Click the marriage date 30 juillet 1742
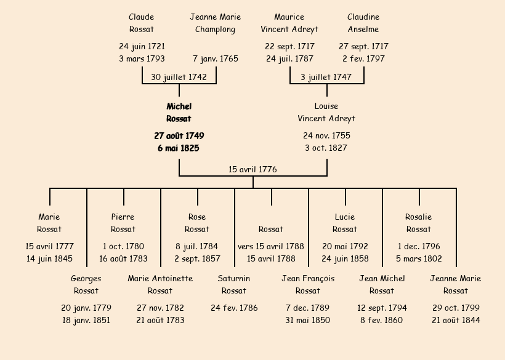[x=179, y=77]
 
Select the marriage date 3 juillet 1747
[x=326, y=77]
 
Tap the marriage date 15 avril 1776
[x=252, y=169]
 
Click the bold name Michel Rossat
[x=179, y=113]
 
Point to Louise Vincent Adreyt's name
[x=326, y=113]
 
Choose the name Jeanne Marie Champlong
[x=216, y=23]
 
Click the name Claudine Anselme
[x=363, y=23]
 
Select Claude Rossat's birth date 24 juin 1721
[x=142, y=46]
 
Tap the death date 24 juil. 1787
[x=289, y=59]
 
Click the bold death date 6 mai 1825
[x=179, y=148]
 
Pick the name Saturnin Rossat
[x=234, y=285]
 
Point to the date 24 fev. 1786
[x=234, y=308]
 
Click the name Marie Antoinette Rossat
[x=160, y=285]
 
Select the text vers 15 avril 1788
[x=271, y=246]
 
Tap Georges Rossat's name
[x=86, y=285]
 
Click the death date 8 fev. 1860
[x=382, y=320]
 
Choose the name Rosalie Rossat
[x=419, y=223]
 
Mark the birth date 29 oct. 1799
[x=456, y=308]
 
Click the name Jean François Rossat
[x=308, y=285]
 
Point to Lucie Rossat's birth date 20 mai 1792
[x=345, y=246]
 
